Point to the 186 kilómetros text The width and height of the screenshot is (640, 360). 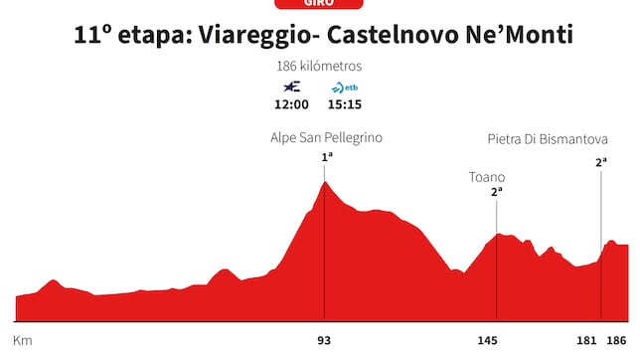[319, 67]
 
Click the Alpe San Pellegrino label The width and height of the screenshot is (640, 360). [326, 138]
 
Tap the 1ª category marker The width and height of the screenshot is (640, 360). [326, 157]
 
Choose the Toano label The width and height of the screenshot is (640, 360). [487, 177]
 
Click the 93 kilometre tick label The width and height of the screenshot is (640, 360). [324, 340]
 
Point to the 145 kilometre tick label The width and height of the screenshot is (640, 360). [488, 340]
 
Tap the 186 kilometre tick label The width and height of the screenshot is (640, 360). [618, 340]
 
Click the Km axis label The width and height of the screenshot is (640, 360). [23, 340]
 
